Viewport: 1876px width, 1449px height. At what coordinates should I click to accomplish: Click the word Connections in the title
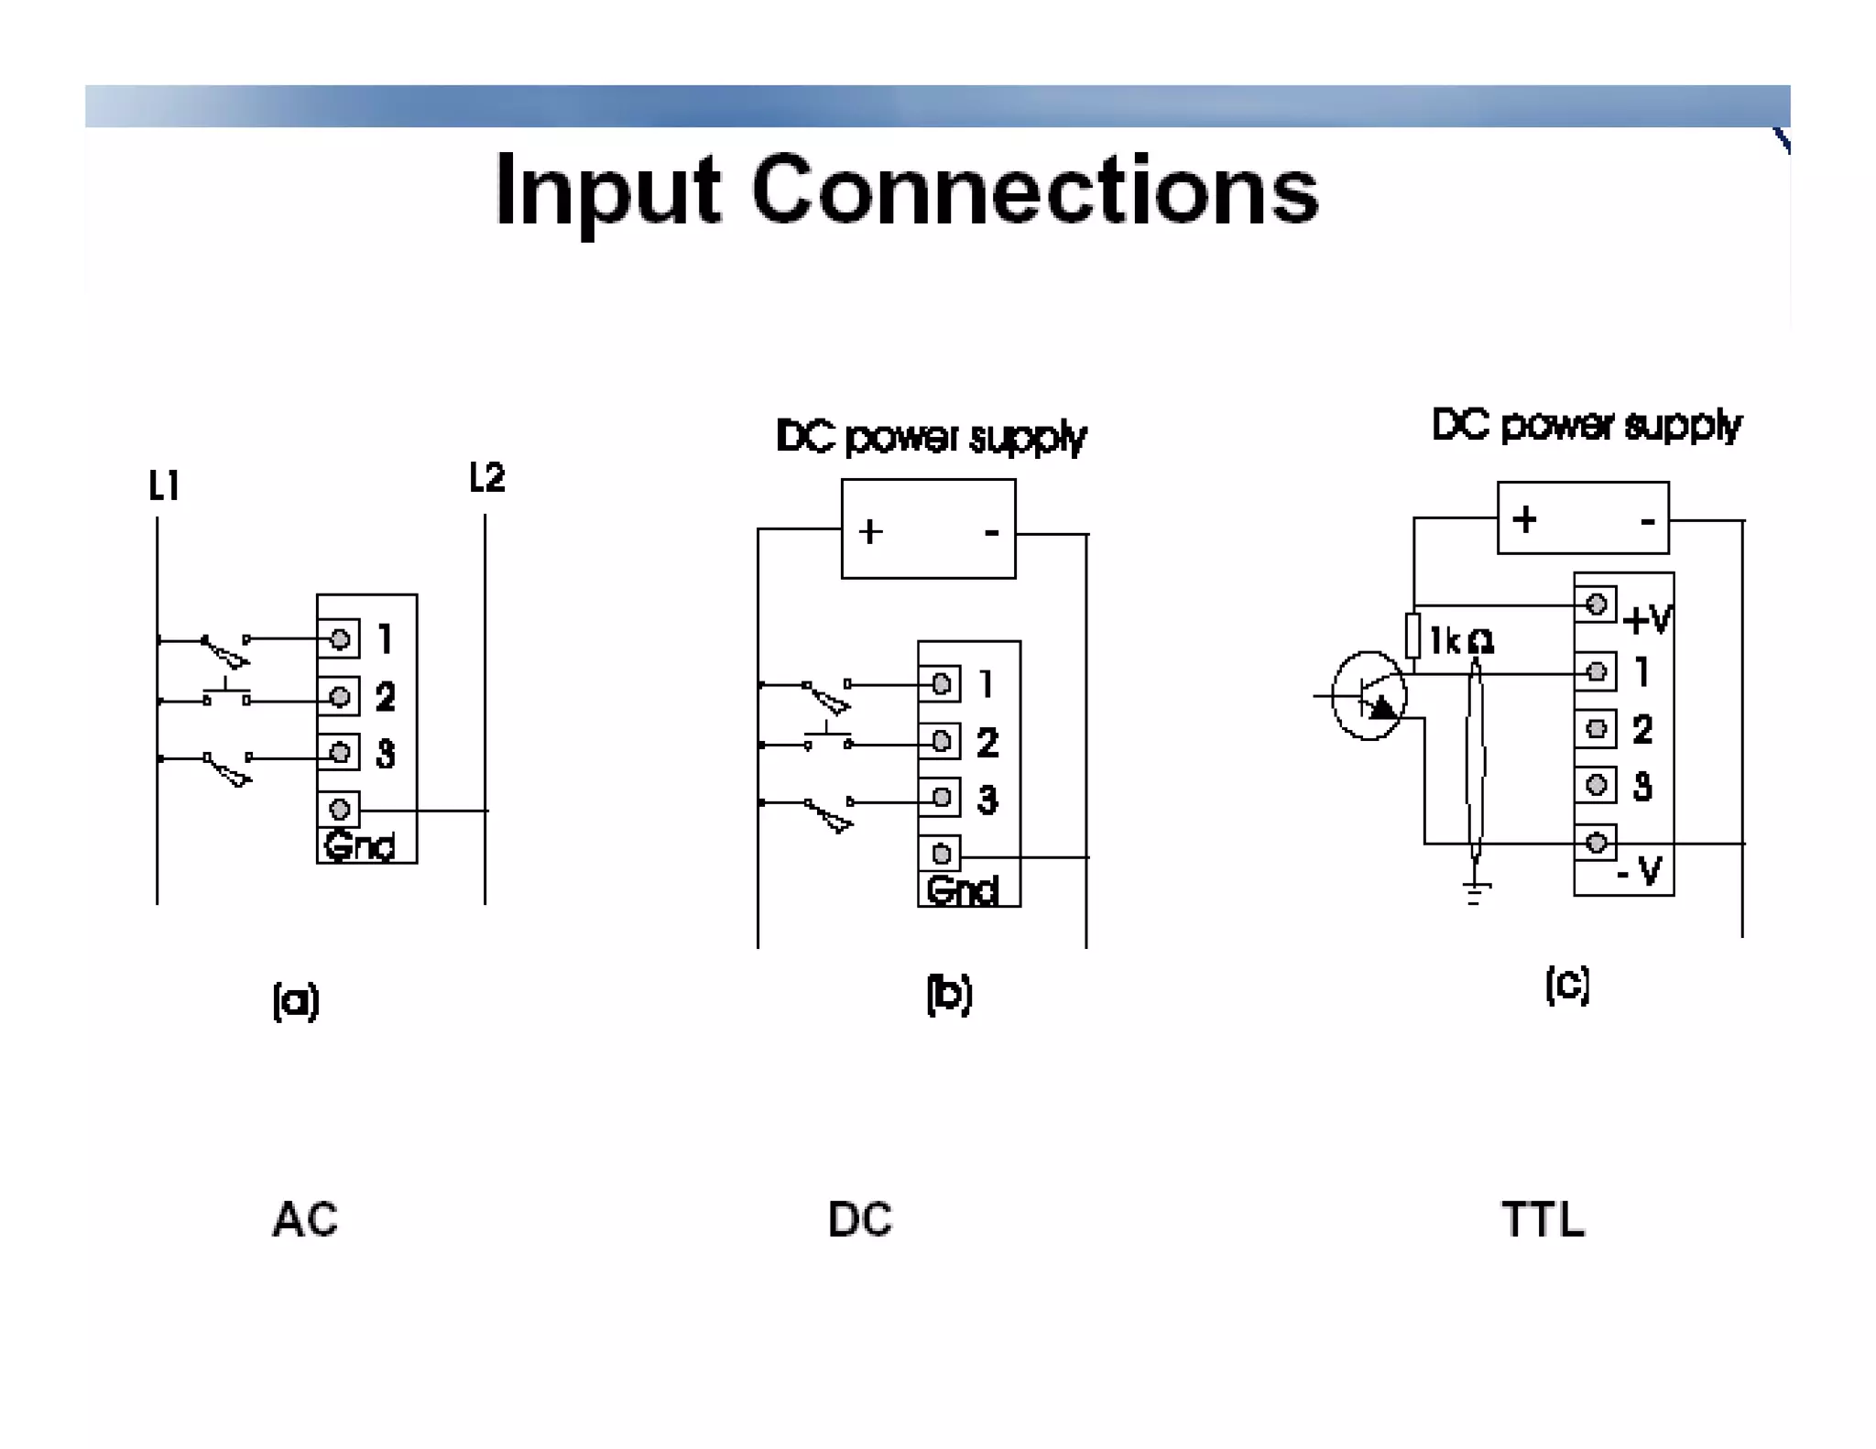click(1035, 190)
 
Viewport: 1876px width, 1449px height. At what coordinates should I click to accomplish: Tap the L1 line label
click(164, 485)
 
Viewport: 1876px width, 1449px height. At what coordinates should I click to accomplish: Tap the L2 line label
click(486, 477)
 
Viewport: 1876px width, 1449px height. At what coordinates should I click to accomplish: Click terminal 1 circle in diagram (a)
click(339, 638)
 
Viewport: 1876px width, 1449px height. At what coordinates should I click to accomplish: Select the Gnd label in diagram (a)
click(359, 845)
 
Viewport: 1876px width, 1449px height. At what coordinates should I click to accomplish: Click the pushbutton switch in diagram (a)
click(226, 695)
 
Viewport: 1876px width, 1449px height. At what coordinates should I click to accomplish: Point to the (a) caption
click(296, 1000)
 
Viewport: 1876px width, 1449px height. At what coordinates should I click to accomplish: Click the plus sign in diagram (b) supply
click(870, 531)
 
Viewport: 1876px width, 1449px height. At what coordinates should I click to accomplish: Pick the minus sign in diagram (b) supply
click(990, 532)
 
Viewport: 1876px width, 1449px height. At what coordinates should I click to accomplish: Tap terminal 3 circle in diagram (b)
click(941, 798)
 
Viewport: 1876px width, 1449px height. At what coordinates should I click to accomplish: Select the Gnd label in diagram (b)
click(961, 889)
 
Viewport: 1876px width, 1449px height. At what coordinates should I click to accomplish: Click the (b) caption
click(949, 994)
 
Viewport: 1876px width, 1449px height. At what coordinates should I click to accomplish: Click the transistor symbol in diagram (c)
click(1369, 696)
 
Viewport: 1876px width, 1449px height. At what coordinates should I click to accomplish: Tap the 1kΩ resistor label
click(1462, 641)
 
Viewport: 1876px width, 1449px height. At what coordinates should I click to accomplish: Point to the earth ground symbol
click(1476, 891)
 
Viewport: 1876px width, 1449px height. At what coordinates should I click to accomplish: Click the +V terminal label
click(1647, 620)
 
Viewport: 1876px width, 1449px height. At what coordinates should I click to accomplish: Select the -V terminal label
click(1639, 870)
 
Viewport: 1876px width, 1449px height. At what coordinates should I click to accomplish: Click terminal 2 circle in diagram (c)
click(1596, 729)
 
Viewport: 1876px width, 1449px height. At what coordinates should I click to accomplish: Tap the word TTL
click(1543, 1219)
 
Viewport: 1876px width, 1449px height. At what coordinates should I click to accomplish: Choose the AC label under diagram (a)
click(305, 1219)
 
